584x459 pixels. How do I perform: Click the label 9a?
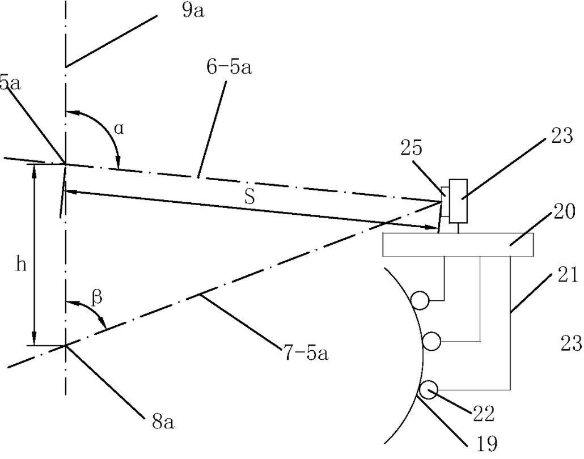pos(193,11)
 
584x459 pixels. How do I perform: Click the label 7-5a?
pos(305,355)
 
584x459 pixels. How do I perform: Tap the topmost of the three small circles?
pos(421,300)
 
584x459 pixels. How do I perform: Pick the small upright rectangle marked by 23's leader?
pos(457,199)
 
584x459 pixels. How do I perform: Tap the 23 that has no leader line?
pos(570,343)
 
